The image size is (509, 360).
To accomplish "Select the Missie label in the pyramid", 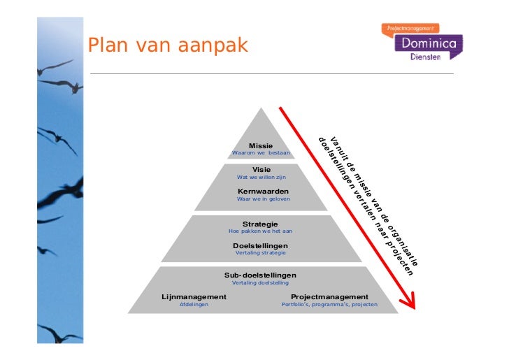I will coord(261,145).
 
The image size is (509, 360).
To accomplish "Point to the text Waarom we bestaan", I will coord(261,152).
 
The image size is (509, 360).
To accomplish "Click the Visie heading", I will coord(261,169).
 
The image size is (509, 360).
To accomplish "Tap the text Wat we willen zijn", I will coord(261,177).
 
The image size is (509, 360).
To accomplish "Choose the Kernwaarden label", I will coord(263,191).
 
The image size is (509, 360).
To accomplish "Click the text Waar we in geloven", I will coord(263,199).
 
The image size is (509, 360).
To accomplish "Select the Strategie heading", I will coord(260,224).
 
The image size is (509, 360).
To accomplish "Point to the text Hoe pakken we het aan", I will coord(260,231).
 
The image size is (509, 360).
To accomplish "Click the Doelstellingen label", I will coord(260,245).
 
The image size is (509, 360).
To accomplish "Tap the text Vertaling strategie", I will coord(260,252).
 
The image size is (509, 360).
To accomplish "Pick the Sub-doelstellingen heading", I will coord(260,275).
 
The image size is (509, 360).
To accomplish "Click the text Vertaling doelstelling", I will coord(260,282).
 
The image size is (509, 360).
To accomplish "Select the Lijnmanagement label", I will coord(194,297).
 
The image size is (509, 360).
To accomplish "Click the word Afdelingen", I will coord(194,305).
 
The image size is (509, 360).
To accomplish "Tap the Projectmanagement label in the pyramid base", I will coord(329,297).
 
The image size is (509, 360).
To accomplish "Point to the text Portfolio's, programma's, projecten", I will coord(329,305).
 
